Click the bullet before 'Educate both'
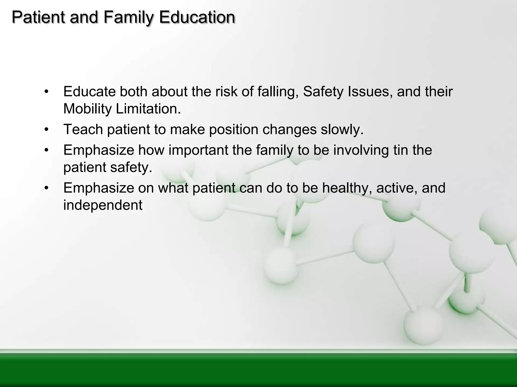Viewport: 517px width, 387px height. coord(46,91)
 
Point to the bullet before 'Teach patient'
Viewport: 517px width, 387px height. coord(46,130)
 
